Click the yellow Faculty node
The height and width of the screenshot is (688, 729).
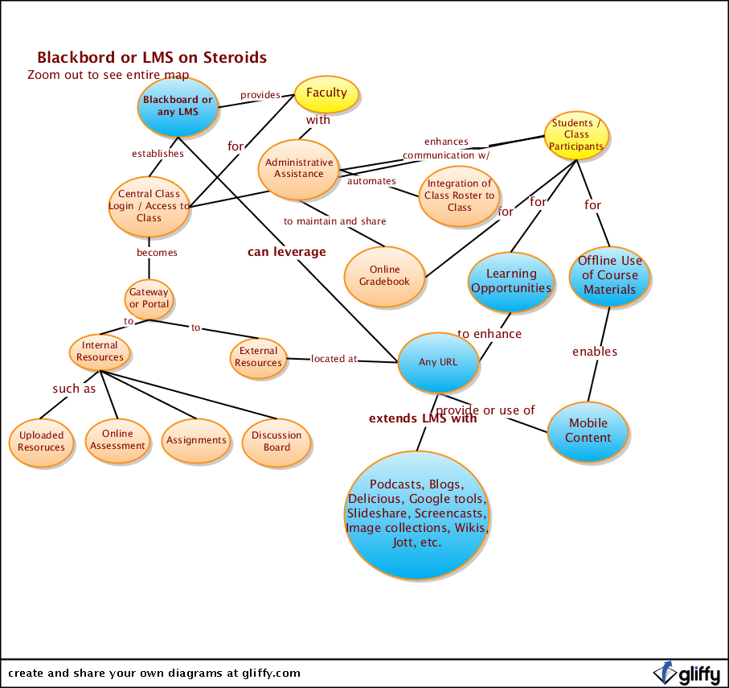pos(326,93)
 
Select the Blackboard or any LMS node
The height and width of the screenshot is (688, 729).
pos(178,106)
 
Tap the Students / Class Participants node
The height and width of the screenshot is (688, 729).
pos(576,134)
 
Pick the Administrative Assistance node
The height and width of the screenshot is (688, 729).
pos(299,168)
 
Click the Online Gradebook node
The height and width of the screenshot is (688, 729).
pos(384,276)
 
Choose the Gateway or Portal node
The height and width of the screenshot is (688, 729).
pos(149,299)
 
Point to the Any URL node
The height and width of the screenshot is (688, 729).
pos(438,362)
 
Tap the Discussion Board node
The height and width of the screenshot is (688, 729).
pos(276,441)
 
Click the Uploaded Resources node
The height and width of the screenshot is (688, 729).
pos(41,442)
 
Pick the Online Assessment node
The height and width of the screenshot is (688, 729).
pos(117,440)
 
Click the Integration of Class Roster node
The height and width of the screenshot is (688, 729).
pos(460,196)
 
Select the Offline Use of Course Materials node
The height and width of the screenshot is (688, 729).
pos(609,275)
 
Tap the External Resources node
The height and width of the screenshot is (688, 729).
pos(258,356)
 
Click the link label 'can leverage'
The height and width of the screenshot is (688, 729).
pos(287,252)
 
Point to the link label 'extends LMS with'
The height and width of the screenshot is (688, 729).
pos(423,418)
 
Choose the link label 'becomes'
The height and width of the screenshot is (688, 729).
pos(157,252)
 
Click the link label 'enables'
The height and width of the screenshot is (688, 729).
pos(595,352)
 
